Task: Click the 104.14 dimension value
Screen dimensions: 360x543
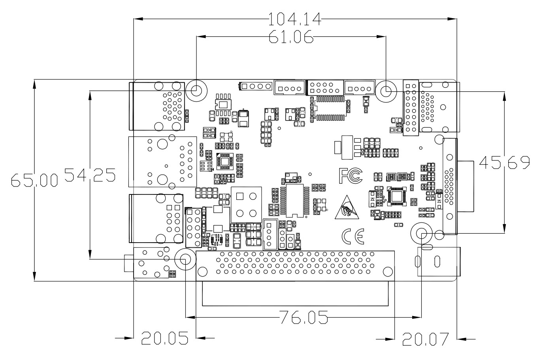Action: [294, 18]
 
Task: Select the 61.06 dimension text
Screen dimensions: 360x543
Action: [291, 37]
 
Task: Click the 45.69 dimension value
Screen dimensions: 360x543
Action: [505, 162]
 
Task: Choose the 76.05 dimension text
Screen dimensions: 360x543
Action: [304, 317]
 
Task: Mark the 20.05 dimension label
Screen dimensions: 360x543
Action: [164, 338]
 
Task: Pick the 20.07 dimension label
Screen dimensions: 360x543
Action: [426, 339]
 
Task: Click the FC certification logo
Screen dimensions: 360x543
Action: [350, 175]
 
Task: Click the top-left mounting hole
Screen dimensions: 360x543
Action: [196, 90]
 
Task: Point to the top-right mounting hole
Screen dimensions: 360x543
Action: [386, 90]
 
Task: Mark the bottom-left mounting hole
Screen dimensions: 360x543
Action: [185, 259]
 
